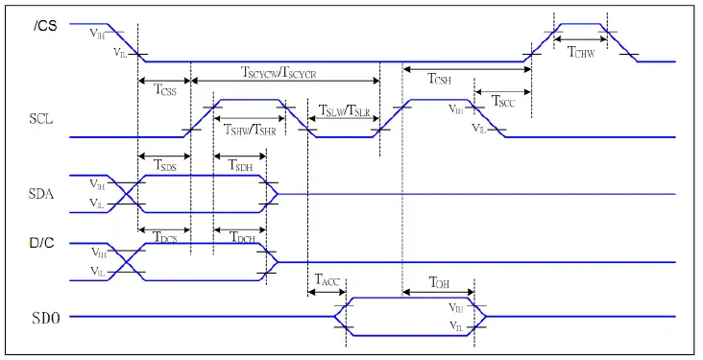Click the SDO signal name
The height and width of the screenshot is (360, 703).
click(45, 316)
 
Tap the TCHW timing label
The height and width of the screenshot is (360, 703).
click(581, 54)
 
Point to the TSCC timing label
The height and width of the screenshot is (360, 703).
click(503, 100)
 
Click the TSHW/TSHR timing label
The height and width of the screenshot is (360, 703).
click(249, 129)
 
